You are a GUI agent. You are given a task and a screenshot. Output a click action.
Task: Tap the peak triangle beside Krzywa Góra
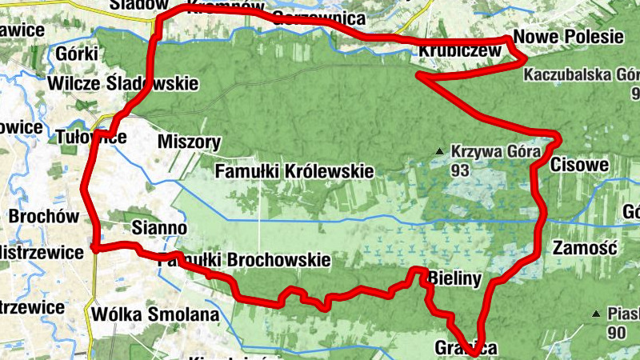tap(438, 151)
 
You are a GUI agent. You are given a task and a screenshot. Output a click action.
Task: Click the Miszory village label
tap(190, 142)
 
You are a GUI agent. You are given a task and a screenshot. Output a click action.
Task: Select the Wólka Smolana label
tap(155, 314)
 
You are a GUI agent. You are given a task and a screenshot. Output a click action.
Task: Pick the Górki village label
tap(78, 54)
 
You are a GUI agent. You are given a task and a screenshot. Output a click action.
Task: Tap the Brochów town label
tap(44, 217)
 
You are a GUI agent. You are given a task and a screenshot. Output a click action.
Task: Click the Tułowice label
tap(91, 138)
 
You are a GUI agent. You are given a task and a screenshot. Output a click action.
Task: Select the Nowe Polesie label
tap(568, 37)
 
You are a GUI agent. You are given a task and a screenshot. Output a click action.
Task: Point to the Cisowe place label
tap(580, 165)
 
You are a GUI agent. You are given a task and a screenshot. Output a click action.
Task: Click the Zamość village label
tap(583, 247)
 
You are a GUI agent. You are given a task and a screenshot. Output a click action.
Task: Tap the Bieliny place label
tap(454, 280)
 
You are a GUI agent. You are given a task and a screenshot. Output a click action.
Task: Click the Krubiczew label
tap(460, 52)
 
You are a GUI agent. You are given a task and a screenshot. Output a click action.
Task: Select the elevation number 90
tap(616, 332)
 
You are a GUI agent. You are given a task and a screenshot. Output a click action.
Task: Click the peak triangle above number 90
tap(596, 314)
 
